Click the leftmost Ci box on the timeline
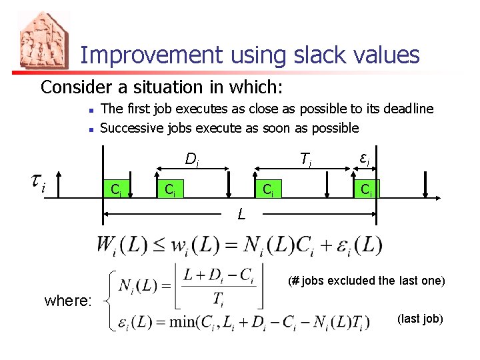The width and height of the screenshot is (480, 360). (x=116, y=189)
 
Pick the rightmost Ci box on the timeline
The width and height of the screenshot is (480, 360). (x=366, y=189)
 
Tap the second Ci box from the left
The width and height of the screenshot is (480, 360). (x=171, y=189)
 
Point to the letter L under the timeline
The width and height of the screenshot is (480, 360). (x=241, y=215)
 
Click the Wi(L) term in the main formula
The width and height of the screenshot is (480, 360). (x=120, y=245)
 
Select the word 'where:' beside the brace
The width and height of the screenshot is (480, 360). (x=68, y=301)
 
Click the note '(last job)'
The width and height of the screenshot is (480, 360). (x=420, y=319)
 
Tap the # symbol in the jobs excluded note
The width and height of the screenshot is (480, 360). (x=295, y=281)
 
